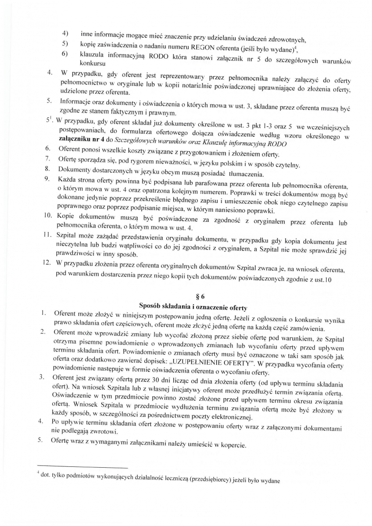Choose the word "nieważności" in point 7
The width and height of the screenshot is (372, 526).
(x=161, y=165)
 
